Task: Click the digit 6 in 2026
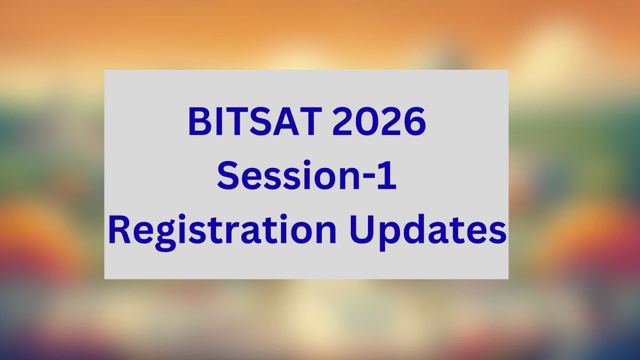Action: point(415,122)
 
